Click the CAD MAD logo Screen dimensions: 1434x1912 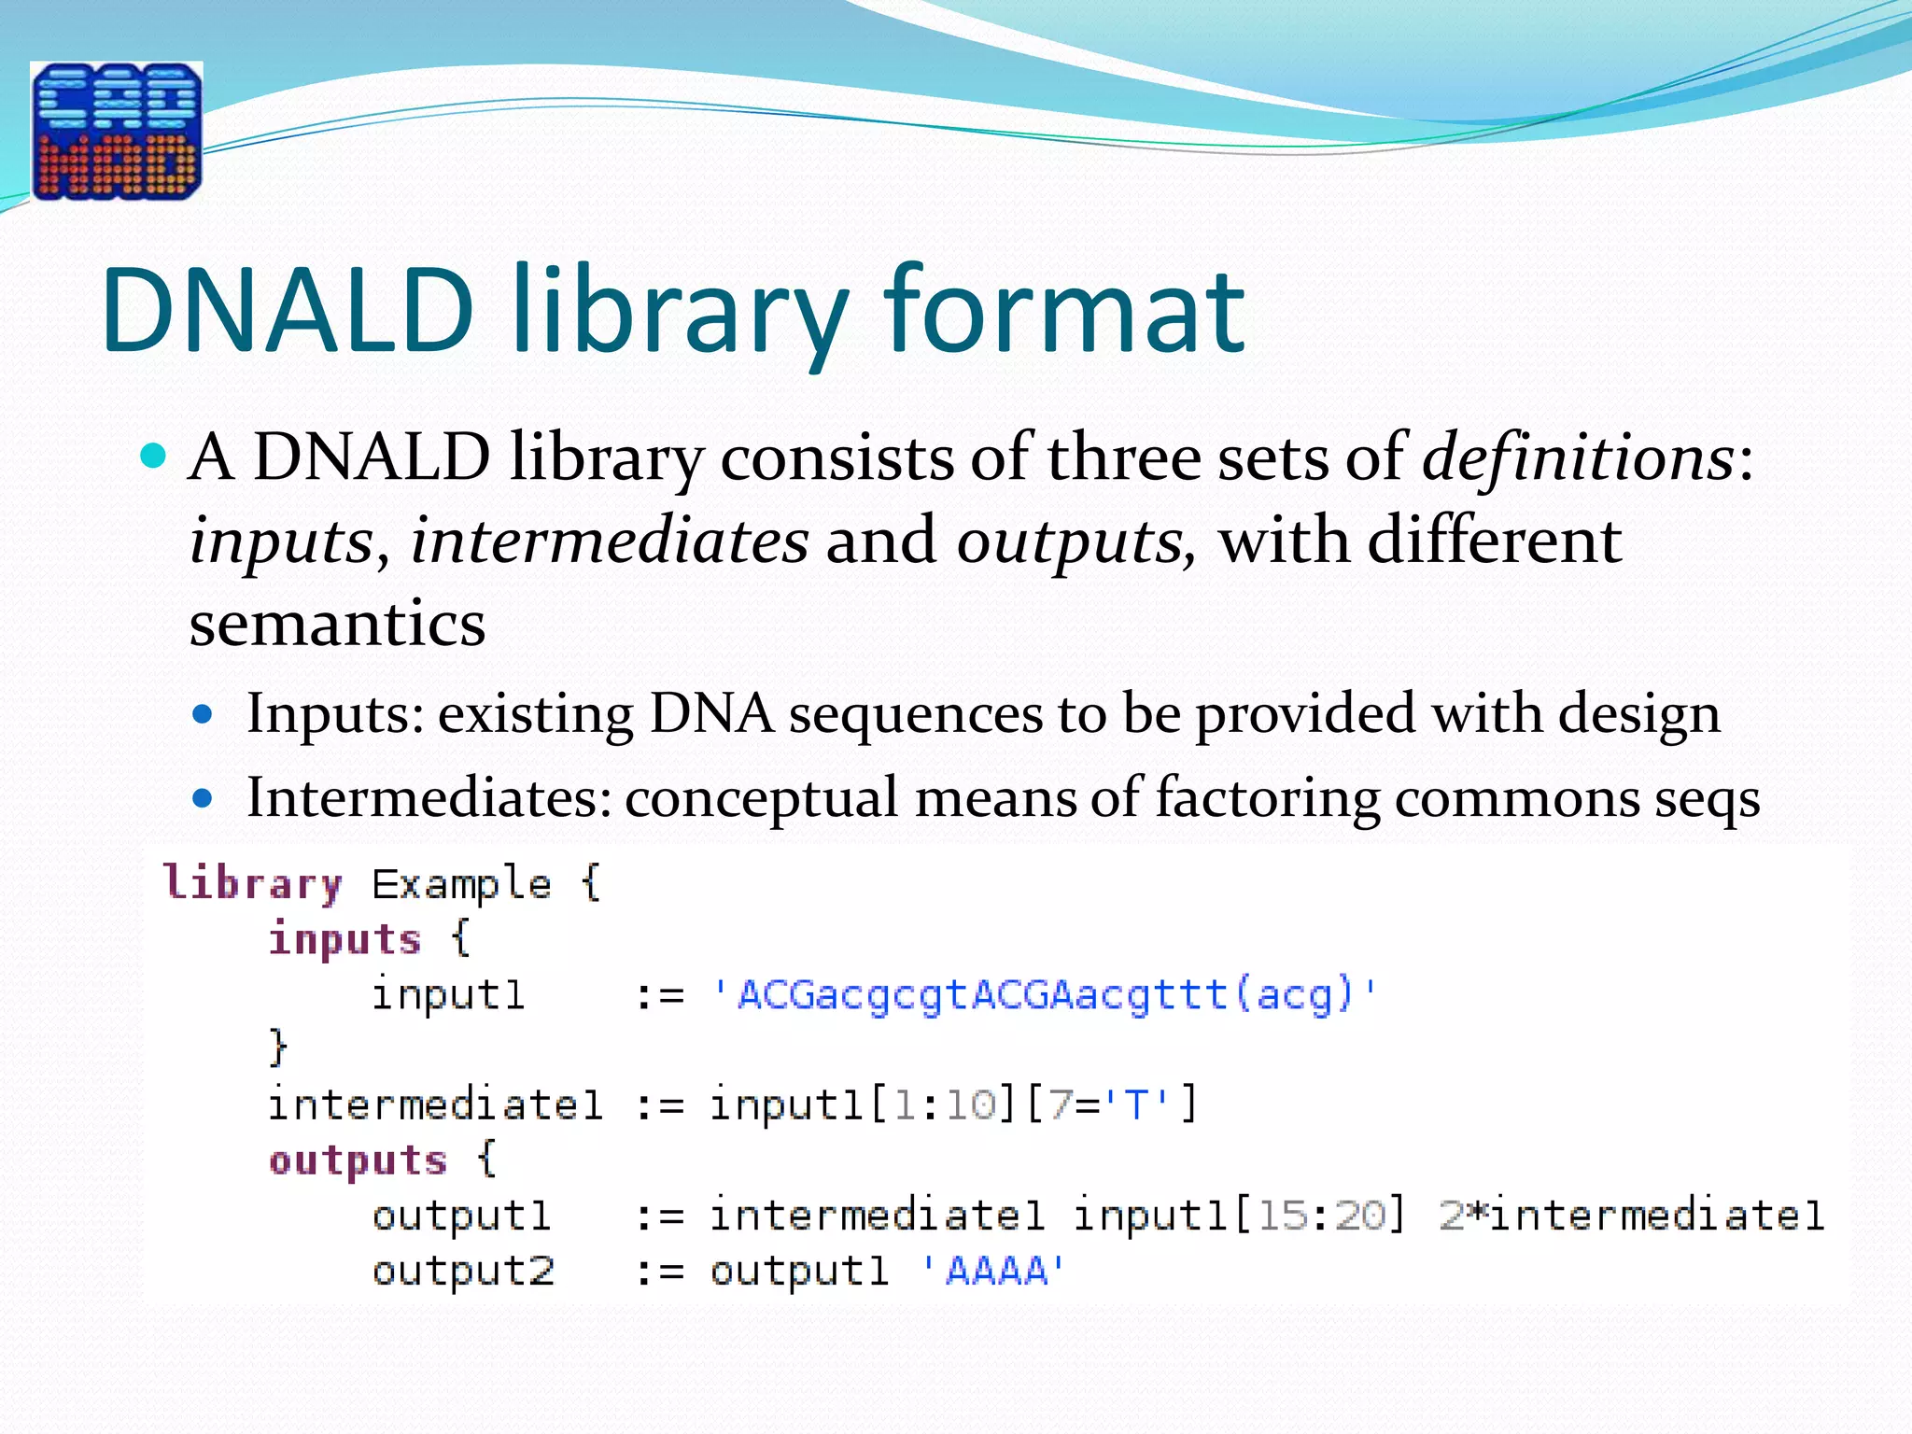[117, 131]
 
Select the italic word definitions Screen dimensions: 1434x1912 [1578, 457]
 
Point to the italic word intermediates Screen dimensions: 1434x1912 [609, 541]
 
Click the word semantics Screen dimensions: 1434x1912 [337, 624]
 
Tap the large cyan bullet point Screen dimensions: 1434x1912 [153, 457]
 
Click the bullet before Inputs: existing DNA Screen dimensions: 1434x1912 [203, 715]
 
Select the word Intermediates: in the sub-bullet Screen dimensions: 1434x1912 [429, 798]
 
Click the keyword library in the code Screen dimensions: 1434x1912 [253, 883]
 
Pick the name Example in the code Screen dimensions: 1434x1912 [461, 883]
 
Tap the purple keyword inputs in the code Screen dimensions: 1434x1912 [344, 939]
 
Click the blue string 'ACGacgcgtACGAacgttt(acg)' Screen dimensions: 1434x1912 [1044, 994]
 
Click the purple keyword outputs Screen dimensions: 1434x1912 [358, 1160]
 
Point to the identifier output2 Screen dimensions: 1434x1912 [463, 1271]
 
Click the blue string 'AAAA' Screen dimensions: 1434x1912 [994, 1271]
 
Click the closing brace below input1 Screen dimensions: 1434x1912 [277, 1047]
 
